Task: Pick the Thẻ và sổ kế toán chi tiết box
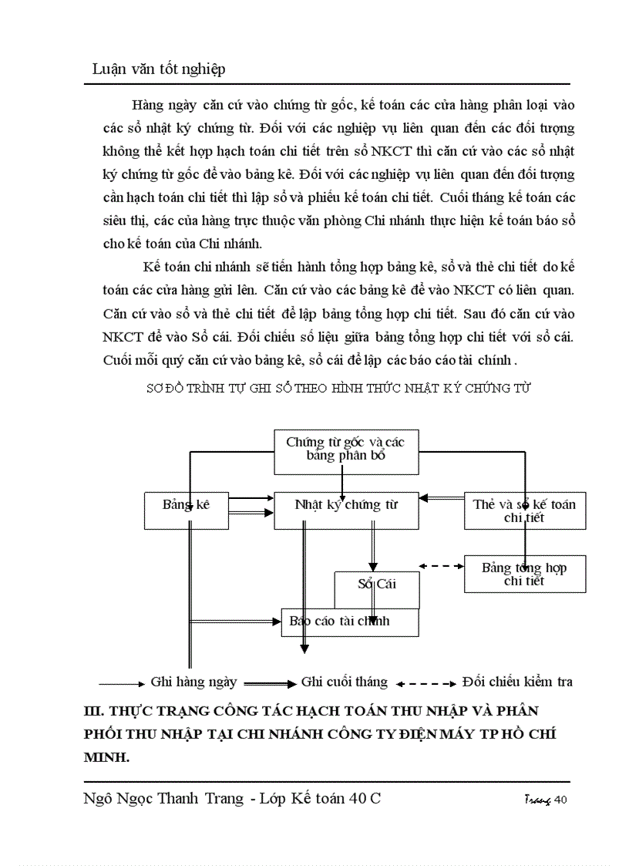524,511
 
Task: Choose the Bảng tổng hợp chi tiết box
524,574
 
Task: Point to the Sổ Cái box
376,585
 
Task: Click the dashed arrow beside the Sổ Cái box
442,566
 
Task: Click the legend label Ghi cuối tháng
344,682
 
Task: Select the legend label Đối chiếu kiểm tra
517,682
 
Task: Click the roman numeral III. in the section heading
95,710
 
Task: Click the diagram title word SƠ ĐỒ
166,389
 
